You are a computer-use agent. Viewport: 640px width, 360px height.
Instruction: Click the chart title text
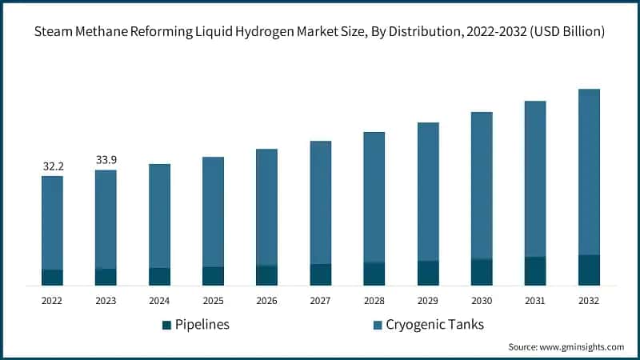click(320, 31)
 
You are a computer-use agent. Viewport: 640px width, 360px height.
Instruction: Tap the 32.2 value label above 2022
click(53, 166)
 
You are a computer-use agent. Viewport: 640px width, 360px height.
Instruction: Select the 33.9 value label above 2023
click(106, 160)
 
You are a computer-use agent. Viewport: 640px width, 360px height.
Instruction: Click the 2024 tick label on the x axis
click(159, 301)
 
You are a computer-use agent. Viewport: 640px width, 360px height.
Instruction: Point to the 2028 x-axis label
click(374, 301)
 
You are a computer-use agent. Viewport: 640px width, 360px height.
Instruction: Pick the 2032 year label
click(588, 301)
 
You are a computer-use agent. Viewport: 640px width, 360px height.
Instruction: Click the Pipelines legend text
click(202, 325)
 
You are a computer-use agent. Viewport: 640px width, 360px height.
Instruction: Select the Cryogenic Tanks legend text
click(435, 325)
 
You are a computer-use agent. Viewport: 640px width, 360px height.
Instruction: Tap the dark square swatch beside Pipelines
click(166, 325)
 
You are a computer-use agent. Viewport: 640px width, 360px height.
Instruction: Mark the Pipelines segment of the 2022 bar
click(53, 277)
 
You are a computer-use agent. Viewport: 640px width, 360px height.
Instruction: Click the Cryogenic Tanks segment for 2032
click(589, 172)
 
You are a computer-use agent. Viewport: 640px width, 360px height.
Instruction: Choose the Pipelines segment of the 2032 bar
click(589, 270)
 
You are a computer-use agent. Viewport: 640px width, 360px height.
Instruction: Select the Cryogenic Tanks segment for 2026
click(266, 207)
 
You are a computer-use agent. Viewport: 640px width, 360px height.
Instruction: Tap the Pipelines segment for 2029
click(427, 273)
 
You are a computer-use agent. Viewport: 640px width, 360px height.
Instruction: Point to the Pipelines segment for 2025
click(213, 275)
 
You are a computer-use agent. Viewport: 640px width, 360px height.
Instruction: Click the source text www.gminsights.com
click(566, 347)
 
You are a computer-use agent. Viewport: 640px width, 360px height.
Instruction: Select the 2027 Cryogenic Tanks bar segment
click(320, 202)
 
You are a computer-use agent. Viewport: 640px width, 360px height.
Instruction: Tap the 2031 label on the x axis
click(534, 301)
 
